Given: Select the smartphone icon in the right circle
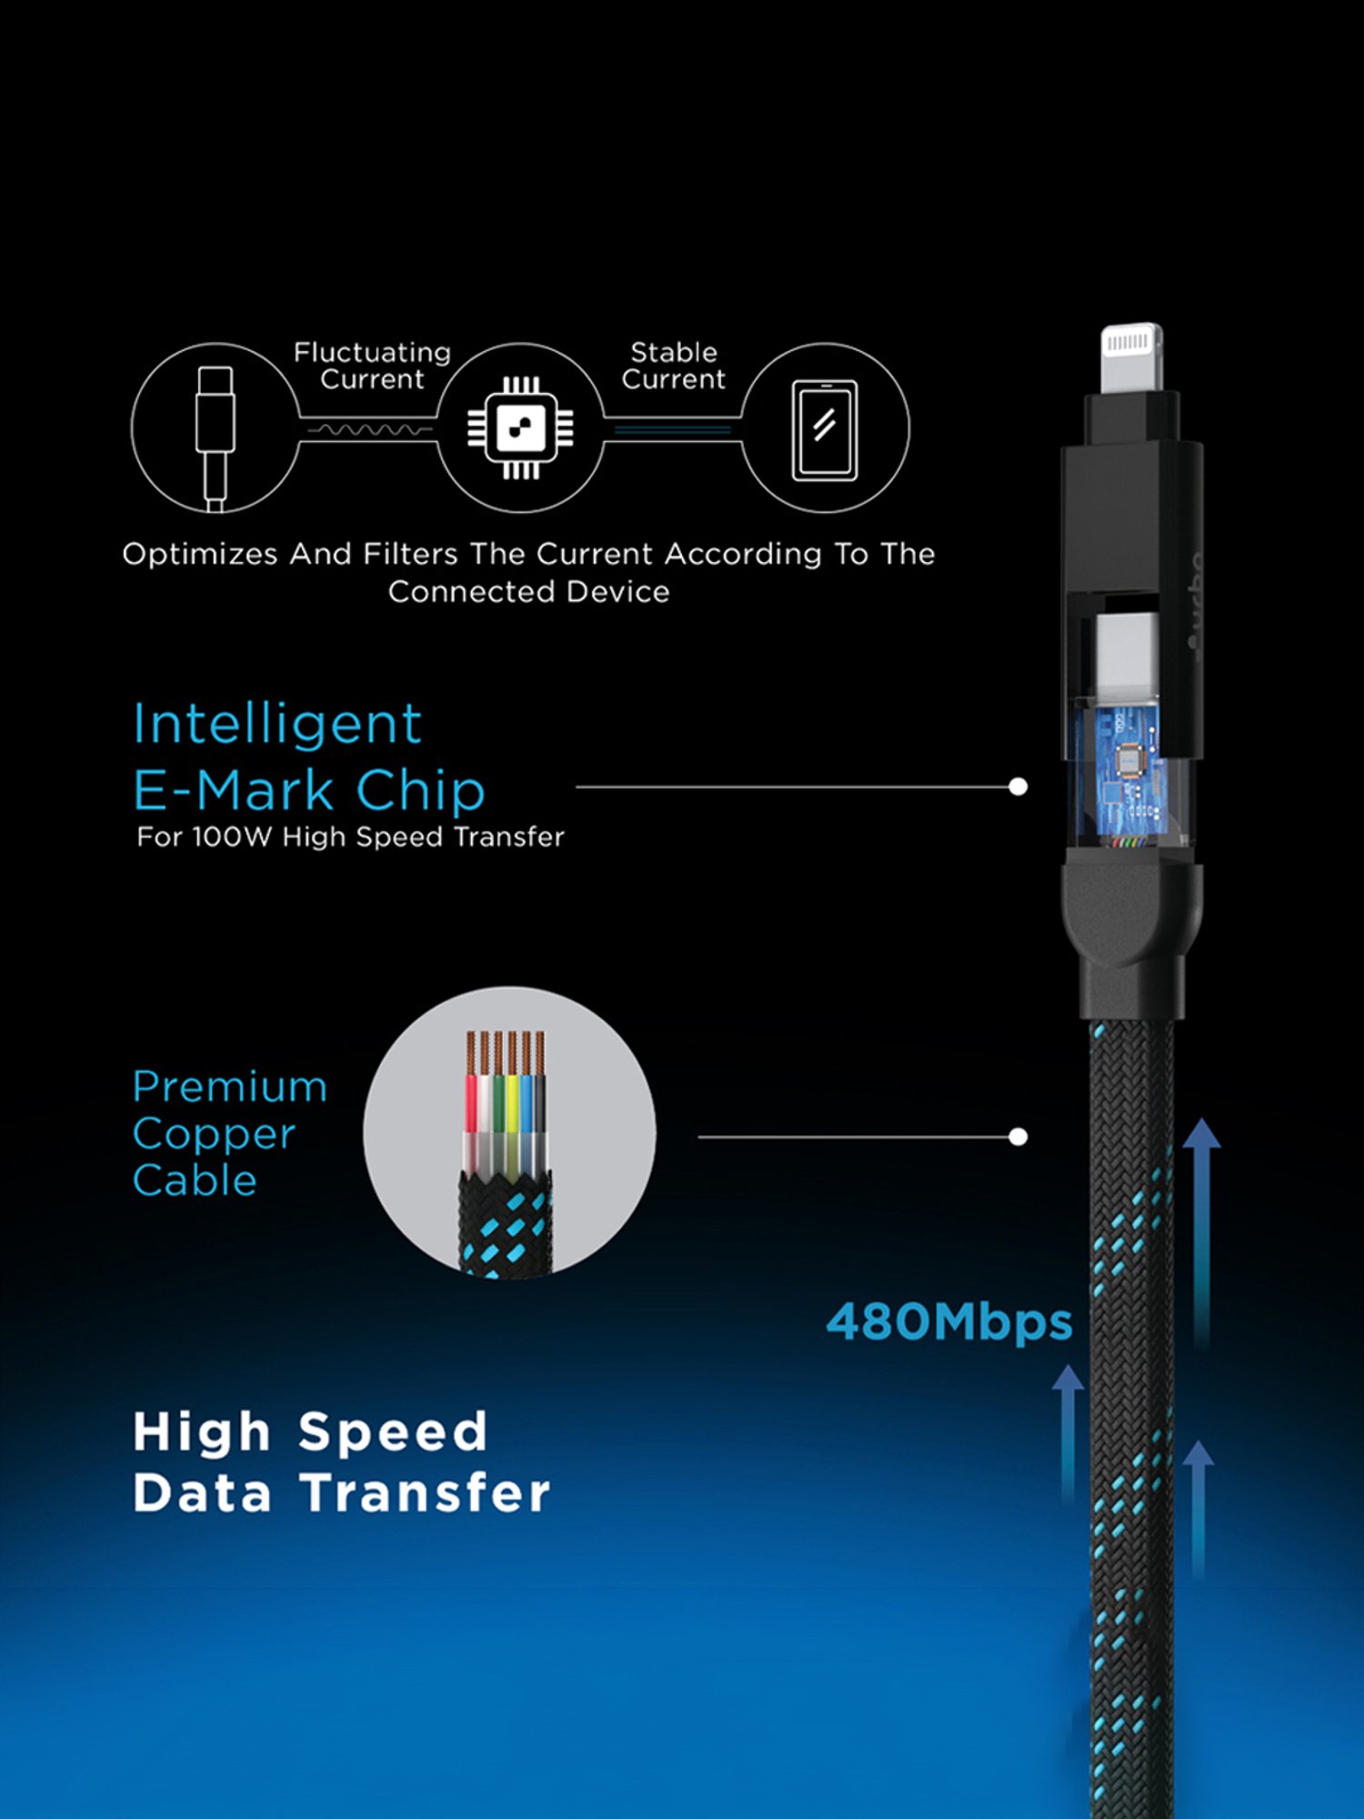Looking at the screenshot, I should tap(825, 429).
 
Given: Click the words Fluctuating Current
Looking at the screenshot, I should tap(372, 366).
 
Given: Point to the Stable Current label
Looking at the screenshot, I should tap(673, 366).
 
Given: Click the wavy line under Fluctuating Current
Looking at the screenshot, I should tap(368, 429).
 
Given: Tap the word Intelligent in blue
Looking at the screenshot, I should tap(277, 725).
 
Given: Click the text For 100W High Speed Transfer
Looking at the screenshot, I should tap(350, 837).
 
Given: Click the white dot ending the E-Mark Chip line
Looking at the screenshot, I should tap(1018, 787).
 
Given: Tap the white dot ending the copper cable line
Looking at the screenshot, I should tap(1018, 1137).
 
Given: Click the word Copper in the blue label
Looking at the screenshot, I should tap(214, 1134).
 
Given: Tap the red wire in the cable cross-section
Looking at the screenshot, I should tap(472, 1105).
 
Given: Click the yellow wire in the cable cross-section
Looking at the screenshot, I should tap(512, 1105).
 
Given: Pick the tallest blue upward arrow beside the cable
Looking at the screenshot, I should tap(1201, 1228).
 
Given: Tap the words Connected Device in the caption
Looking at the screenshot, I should tap(528, 592).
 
